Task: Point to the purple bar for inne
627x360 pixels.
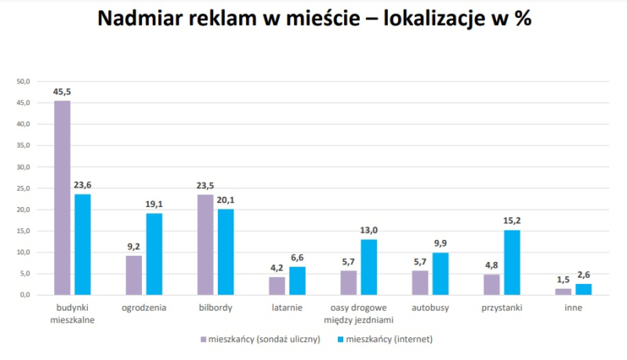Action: coord(564,292)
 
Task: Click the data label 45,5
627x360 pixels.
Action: coord(62,92)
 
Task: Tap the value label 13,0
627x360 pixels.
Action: coord(369,231)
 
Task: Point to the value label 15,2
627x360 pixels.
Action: coord(512,221)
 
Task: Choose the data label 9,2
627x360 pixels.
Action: coord(134,247)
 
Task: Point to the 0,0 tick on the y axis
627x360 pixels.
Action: coord(24,295)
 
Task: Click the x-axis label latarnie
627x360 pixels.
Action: coord(287,307)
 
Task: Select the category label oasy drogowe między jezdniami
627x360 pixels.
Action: coord(358,313)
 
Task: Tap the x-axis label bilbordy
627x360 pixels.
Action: coord(216,307)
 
